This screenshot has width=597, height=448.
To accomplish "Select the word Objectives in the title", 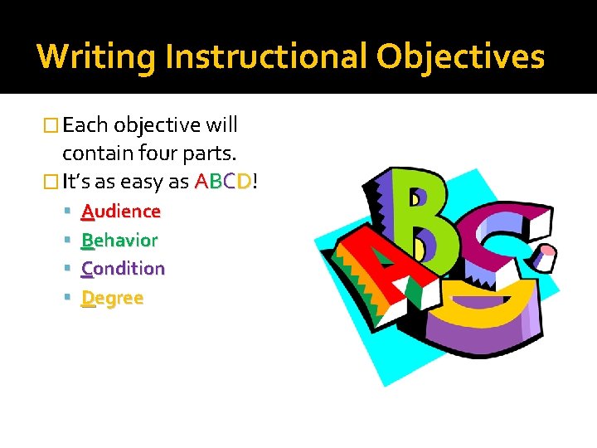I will pos(461,56).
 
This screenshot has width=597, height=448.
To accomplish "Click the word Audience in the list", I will pos(120,212).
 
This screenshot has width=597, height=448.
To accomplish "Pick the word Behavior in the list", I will pos(119,240).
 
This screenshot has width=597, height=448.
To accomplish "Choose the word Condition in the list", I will pos(123,268).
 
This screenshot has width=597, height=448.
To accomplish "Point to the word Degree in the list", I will pos(112,297).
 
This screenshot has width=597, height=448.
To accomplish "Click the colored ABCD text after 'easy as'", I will pos(223,182).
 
